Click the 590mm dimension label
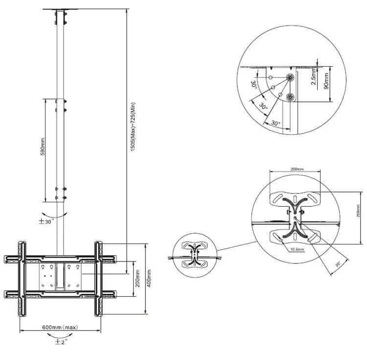[43, 146]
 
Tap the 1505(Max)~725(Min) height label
[133, 127]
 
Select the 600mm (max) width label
[60, 327]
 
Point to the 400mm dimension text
[149, 279]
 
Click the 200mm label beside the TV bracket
[138, 278]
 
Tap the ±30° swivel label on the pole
[46, 221]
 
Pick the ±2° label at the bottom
[61, 342]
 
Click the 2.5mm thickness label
[314, 76]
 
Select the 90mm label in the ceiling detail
[326, 81]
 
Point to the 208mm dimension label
[358, 211]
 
